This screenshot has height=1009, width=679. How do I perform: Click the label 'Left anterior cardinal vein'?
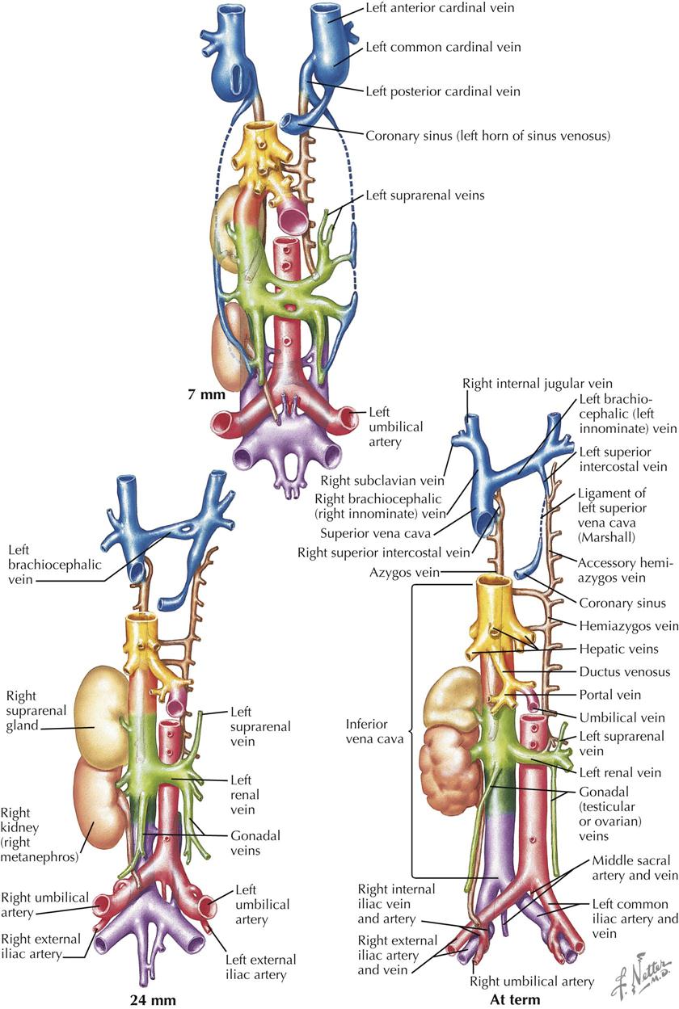pyautogui.click(x=440, y=7)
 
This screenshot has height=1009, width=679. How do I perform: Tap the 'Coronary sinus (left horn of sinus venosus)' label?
pyautogui.click(x=487, y=136)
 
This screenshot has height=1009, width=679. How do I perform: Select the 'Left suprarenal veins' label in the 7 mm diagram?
pyautogui.click(x=424, y=195)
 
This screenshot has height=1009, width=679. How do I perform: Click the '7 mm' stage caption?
pyautogui.click(x=206, y=394)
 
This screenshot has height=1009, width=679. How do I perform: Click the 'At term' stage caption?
pyautogui.click(x=515, y=1000)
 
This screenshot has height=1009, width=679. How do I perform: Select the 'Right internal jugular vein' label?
pyautogui.click(x=538, y=384)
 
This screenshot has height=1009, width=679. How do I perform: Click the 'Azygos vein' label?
pyautogui.click(x=404, y=573)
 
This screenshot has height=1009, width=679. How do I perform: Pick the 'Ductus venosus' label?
pyautogui.click(x=625, y=671)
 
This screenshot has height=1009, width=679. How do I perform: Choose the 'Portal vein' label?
pyautogui.click(x=610, y=695)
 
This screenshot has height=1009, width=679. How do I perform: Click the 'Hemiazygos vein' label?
pyautogui.click(x=629, y=625)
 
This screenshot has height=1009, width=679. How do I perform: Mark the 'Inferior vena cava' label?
pyautogui.click(x=374, y=731)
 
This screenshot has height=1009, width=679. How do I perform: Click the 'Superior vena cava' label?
pyautogui.click(x=376, y=533)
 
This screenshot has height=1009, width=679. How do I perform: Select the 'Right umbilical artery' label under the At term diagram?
pyautogui.click(x=532, y=981)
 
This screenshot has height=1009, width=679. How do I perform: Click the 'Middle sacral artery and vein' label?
pyautogui.click(x=635, y=868)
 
